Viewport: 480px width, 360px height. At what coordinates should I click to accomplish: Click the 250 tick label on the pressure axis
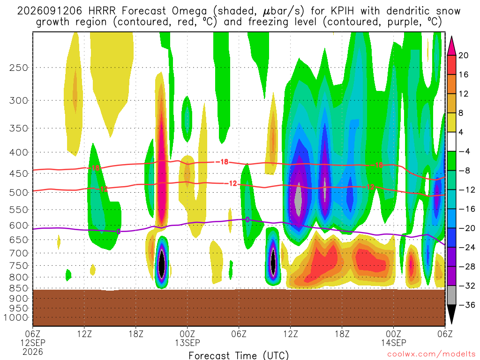(x=19, y=67)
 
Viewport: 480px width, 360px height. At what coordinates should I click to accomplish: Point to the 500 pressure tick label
(x=19, y=193)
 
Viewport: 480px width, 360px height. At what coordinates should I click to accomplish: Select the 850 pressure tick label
(x=19, y=288)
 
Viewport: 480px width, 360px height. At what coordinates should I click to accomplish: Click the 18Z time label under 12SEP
(x=136, y=334)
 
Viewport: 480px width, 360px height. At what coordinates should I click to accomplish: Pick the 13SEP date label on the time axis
(x=187, y=343)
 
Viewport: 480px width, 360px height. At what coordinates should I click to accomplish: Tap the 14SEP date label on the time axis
(x=394, y=343)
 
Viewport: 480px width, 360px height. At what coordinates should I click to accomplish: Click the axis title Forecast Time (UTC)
(x=239, y=355)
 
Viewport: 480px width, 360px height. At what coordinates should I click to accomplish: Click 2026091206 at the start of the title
(x=50, y=11)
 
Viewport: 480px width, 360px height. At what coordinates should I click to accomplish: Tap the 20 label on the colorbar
(x=463, y=55)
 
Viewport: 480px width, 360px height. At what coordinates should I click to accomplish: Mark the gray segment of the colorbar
(x=451, y=295)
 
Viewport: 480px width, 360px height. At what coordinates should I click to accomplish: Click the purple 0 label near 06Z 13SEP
(x=247, y=219)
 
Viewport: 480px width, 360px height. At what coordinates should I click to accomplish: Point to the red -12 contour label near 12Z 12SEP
(x=102, y=189)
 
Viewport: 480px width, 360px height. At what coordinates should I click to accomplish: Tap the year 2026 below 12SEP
(x=33, y=352)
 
